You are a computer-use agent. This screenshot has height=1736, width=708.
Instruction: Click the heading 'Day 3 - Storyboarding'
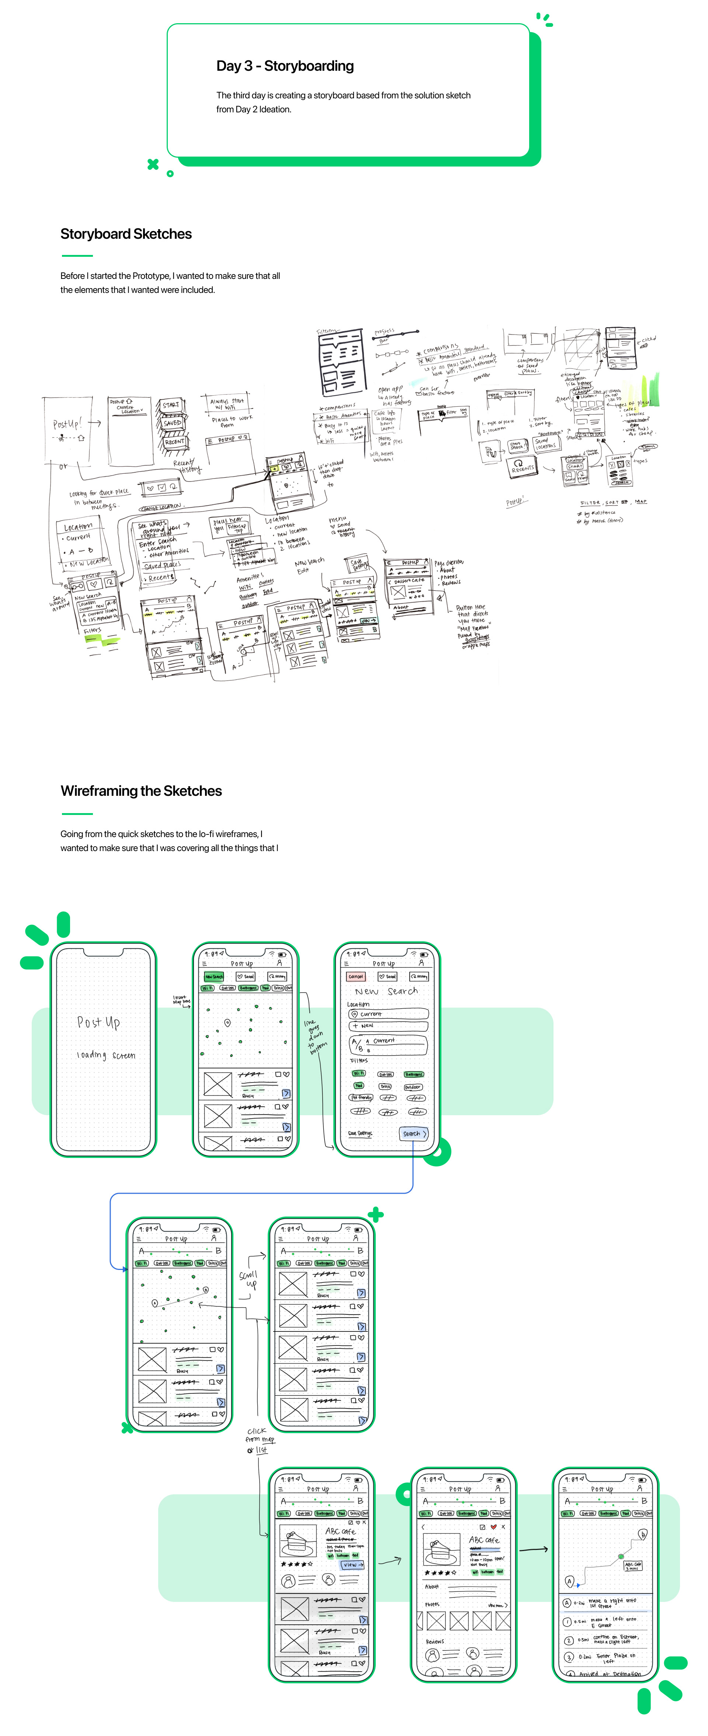point(285,66)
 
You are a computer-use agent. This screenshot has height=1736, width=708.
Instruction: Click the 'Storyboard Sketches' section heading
point(126,234)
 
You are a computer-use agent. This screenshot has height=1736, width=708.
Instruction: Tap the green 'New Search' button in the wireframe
point(214,976)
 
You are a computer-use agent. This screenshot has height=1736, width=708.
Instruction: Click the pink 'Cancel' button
point(355,976)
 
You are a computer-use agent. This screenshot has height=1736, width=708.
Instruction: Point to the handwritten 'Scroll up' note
point(248,1279)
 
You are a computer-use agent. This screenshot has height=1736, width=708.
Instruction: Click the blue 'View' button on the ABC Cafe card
point(352,1565)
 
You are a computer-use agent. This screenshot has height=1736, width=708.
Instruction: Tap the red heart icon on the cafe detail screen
point(494,1527)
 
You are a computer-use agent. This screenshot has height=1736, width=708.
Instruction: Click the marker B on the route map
point(643,1534)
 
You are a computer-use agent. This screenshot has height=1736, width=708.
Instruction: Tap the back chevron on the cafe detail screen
point(423,1527)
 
